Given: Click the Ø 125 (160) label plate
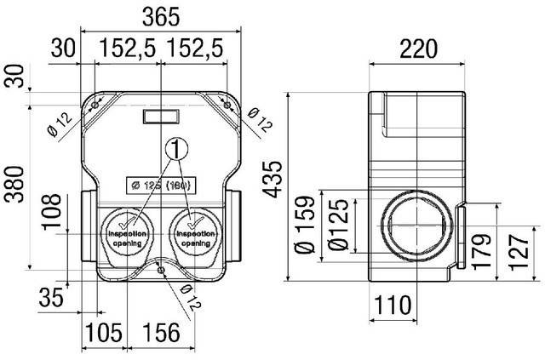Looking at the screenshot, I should point(159,184).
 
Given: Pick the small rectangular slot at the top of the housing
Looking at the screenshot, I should point(159,115).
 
